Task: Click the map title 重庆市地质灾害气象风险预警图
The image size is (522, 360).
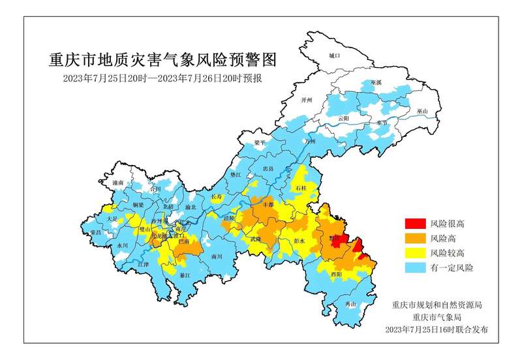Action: (163, 60)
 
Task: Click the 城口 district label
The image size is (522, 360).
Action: (335, 56)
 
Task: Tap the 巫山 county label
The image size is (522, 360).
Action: (422, 112)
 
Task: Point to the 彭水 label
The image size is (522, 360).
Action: (299, 241)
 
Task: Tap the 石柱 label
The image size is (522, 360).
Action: (301, 188)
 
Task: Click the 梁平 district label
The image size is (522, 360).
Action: (261, 142)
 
